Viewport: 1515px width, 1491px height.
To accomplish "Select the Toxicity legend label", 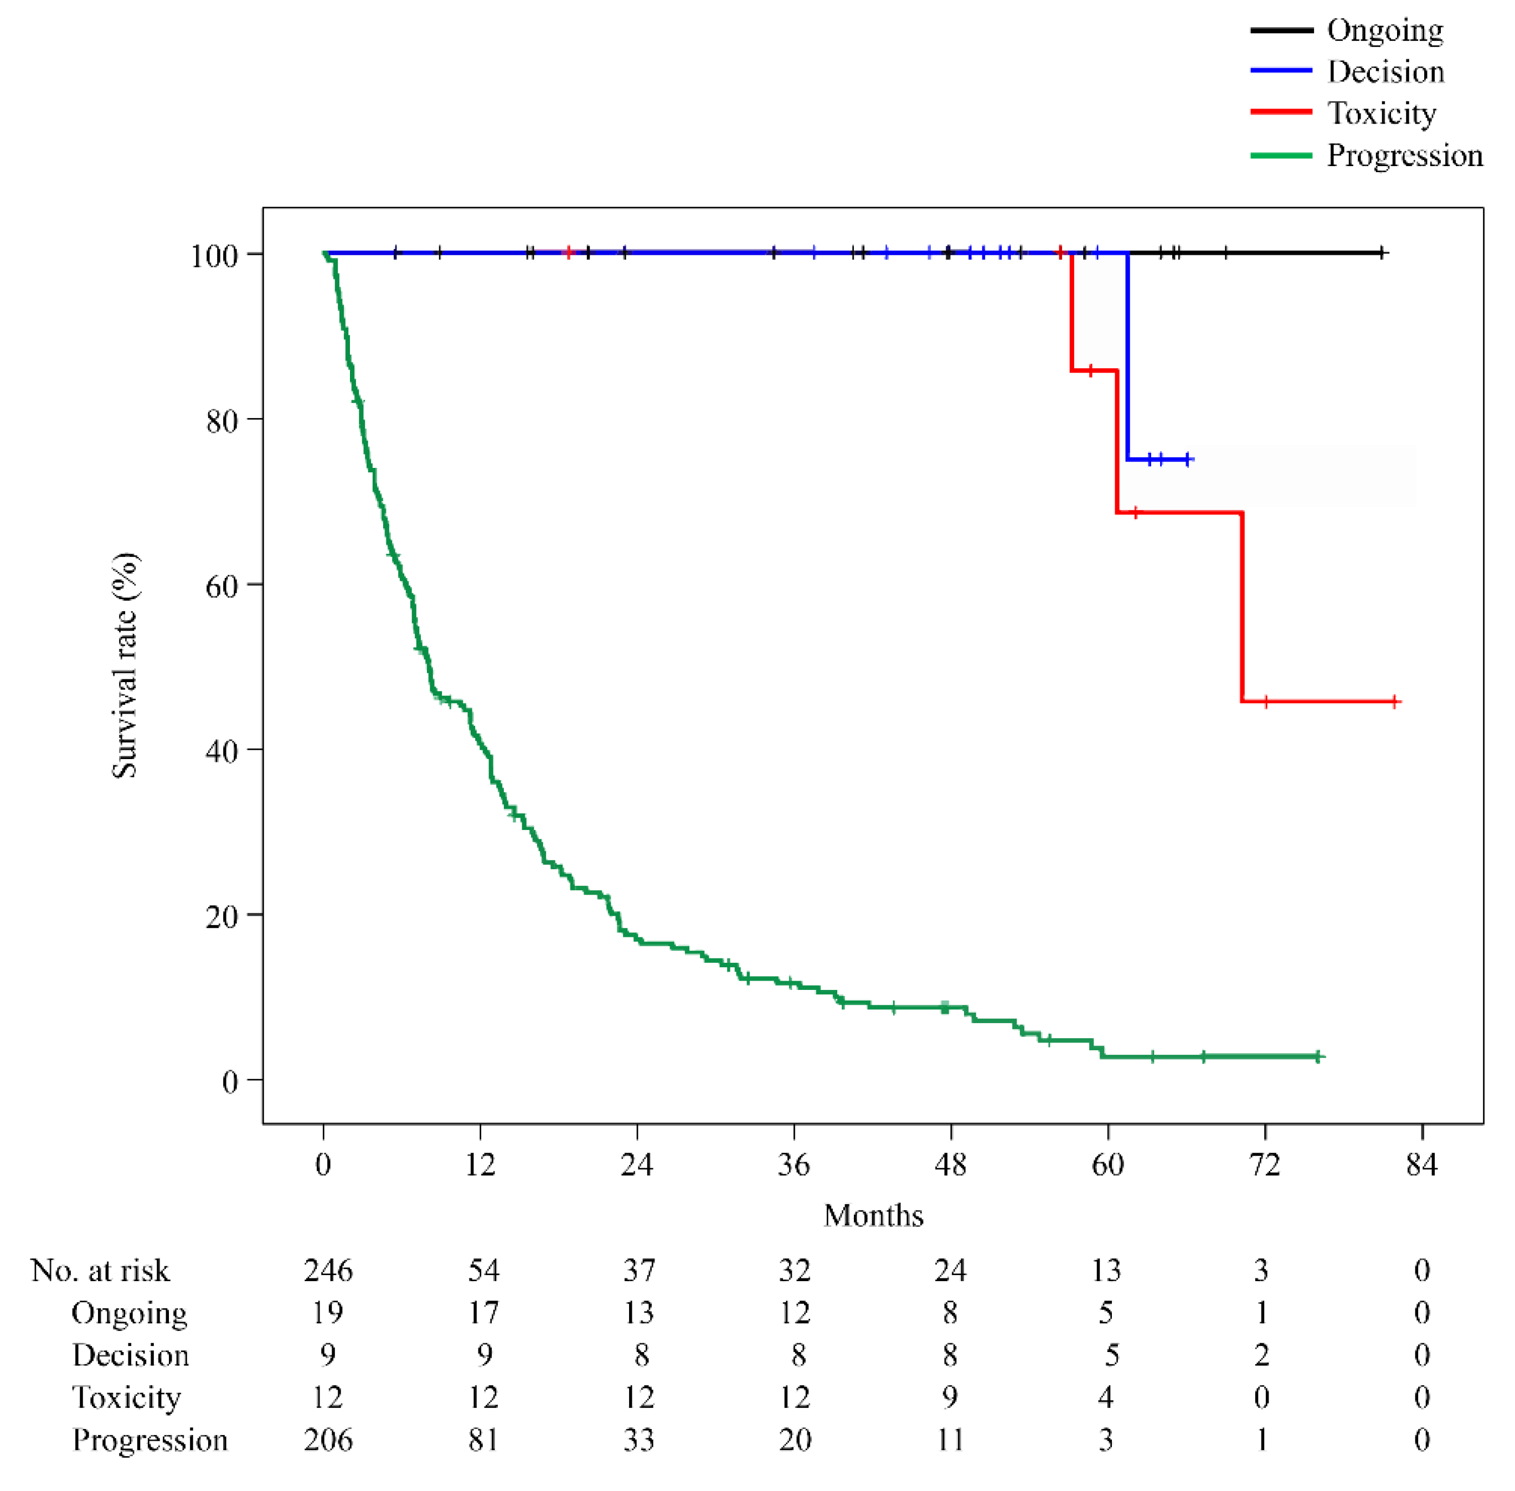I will tap(1381, 113).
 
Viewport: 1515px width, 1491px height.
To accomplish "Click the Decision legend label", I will tap(1385, 72).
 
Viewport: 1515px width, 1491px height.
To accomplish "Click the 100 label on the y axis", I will tap(214, 255).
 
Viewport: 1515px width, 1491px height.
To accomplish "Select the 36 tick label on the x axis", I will tap(793, 1165).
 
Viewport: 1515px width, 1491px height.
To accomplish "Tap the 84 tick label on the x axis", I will tap(1421, 1165).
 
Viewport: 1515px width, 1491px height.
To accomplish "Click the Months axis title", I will tap(873, 1215).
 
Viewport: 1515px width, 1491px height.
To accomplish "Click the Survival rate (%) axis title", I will tap(125, 665).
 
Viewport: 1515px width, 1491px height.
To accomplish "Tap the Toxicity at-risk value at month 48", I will tap(950, 1397).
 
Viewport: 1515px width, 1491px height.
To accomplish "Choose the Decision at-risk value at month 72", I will tap(1261, 1355).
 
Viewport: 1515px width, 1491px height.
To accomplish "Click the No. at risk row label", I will tap(100, 1270).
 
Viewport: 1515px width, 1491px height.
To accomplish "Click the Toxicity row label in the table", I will tap(126, 1397).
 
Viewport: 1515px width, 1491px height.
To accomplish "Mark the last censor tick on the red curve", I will tap(1394, 701).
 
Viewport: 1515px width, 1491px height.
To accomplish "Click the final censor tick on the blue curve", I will tap(1188, 459).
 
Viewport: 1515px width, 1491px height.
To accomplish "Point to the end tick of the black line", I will tap(1383, 253).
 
